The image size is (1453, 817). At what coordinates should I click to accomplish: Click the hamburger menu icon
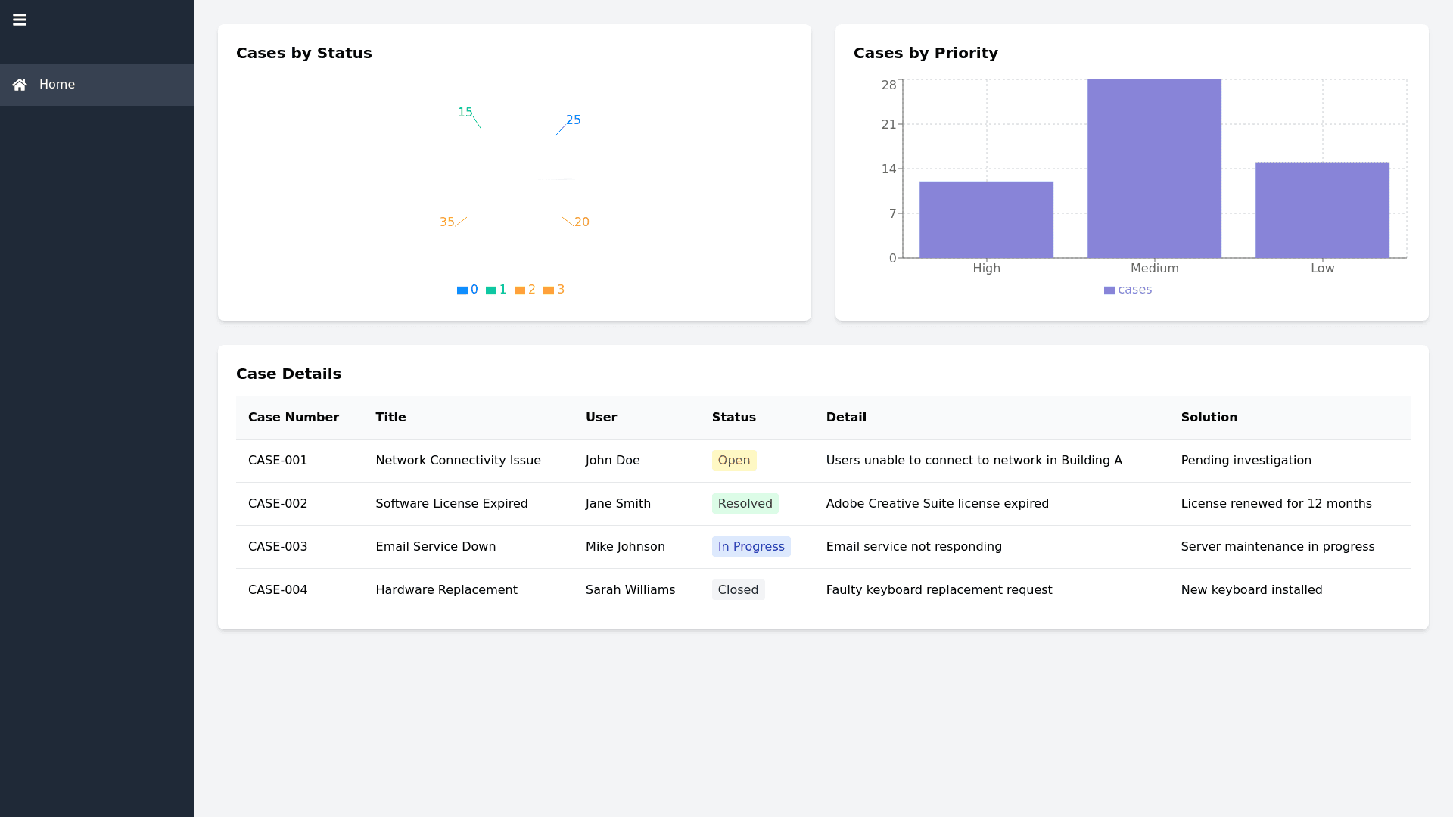coord(20,20)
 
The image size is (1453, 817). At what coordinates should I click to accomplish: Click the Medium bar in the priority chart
coord(1154,169)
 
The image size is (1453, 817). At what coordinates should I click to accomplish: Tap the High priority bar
coord(986,219)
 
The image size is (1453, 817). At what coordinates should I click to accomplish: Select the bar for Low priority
coord(1322,210)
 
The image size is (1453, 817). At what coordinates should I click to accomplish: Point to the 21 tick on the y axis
coord(888,124)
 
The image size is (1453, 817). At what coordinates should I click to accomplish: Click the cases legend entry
coord(1128,290)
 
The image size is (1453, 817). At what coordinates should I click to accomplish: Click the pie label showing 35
coord(446,222)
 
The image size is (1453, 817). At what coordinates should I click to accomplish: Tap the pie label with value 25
coord(574,120)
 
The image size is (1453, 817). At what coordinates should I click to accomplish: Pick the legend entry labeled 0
coord(468,290)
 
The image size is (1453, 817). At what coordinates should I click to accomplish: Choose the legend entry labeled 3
coord(554,290)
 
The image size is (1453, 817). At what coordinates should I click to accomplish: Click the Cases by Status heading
coord(303,53)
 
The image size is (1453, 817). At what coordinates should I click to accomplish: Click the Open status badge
coord(733,461)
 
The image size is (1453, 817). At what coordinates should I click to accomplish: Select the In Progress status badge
coord(751,547)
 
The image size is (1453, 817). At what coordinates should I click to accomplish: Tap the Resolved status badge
coord(745,504)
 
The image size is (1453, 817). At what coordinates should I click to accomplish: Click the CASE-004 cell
coord(278,590)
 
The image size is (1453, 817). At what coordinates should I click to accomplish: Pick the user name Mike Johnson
coord(625,547)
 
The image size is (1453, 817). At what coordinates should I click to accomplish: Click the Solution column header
coord(1209,418)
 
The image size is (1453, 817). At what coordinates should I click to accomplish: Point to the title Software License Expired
coord(451,504)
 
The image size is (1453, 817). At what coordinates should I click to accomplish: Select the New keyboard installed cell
coord(1251,590)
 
